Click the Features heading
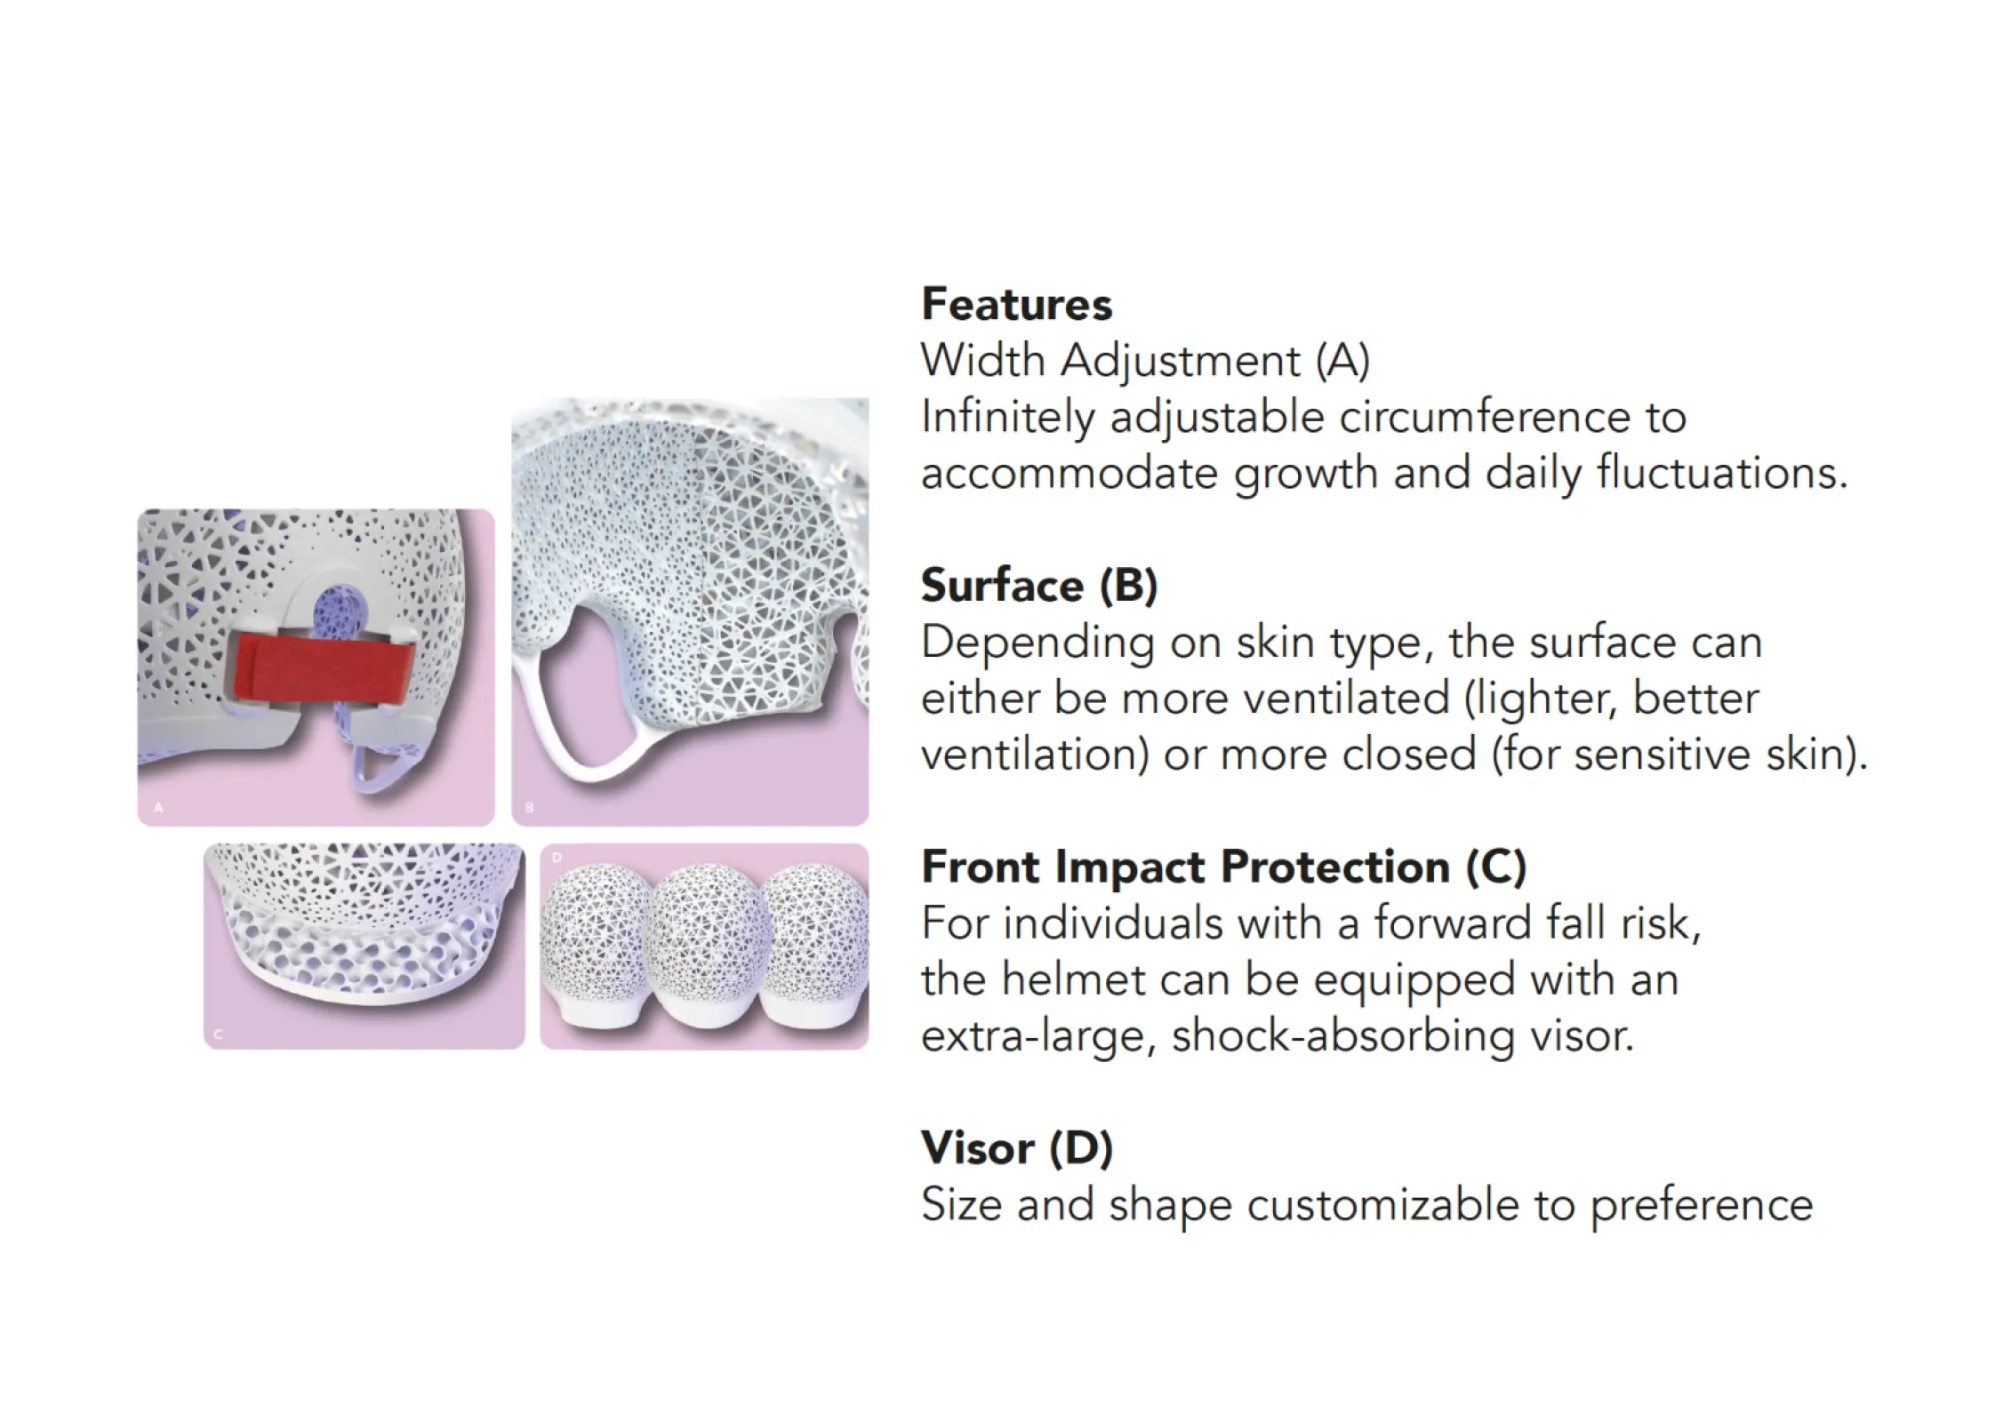[1016, 304]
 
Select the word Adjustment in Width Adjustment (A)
[1181, 361]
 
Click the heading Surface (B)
[1039, 586]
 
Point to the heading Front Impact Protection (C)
[1223, 867]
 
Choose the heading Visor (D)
[1017, 1147]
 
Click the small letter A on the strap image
[158, 808]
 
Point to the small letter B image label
[529, 808]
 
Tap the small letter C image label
[219, 1034]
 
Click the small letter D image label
[557, 858]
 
